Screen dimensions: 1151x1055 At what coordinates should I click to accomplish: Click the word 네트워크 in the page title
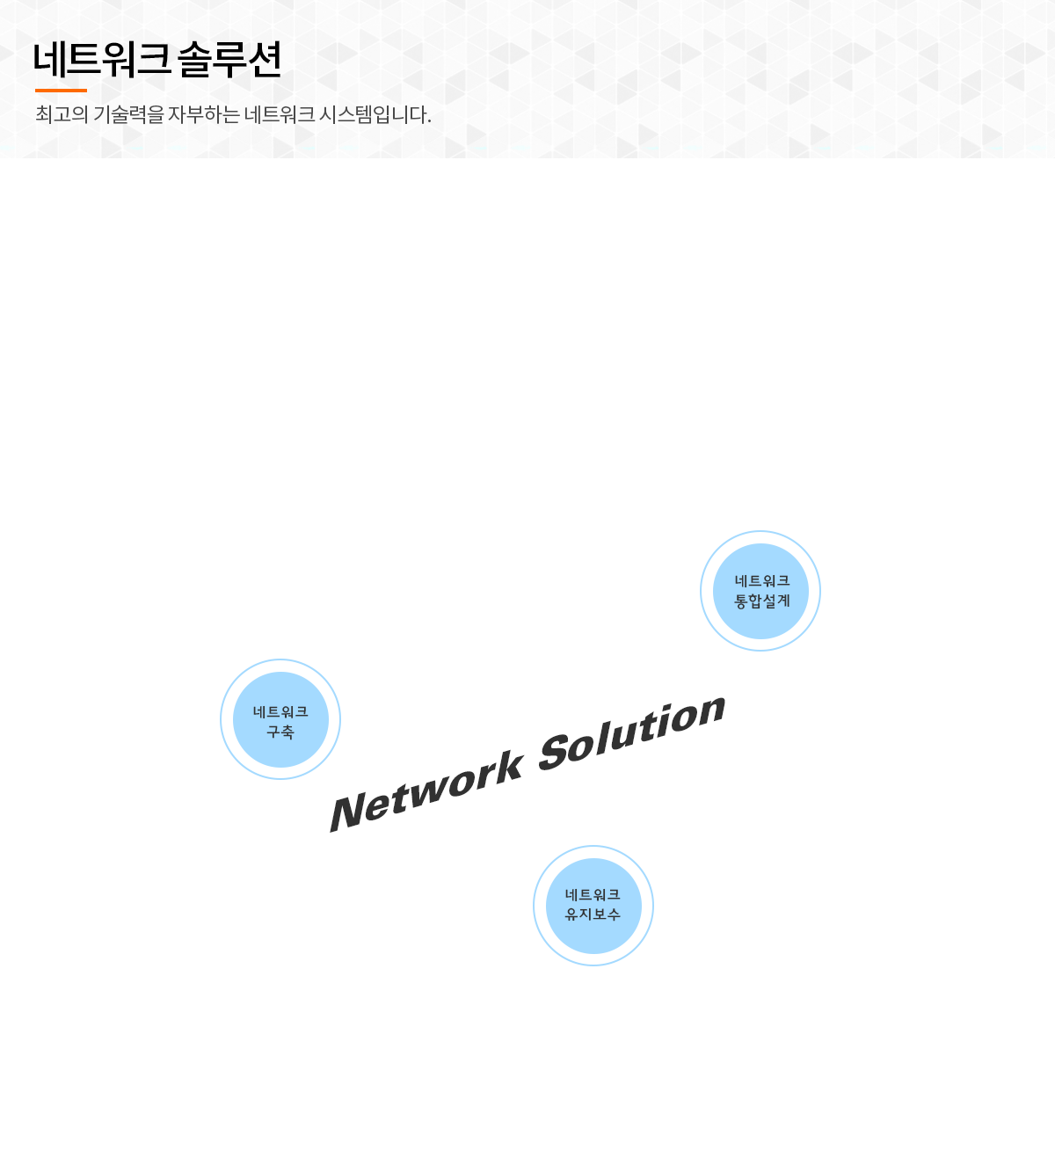click(101, 60)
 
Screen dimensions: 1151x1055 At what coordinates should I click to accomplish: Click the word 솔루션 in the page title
click(229, 60)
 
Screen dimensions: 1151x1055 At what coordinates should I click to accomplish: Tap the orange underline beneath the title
click(61, 90)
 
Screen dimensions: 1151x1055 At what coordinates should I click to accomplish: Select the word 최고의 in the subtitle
click(62, 114)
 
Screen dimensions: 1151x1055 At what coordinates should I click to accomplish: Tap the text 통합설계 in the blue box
click(762, 601)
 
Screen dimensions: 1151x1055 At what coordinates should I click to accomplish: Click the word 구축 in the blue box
click(280, 732)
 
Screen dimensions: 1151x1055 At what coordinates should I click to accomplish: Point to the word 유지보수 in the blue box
click(593, 914)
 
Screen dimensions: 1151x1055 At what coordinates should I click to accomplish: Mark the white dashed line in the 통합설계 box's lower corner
click(813, 617)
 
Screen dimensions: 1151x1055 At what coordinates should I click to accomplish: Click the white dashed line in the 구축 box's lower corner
click(237, 767)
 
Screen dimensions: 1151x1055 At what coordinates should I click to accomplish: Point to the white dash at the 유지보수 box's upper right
click(645, 879)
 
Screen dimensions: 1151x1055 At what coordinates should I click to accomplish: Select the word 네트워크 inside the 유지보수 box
click(593, 894)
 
